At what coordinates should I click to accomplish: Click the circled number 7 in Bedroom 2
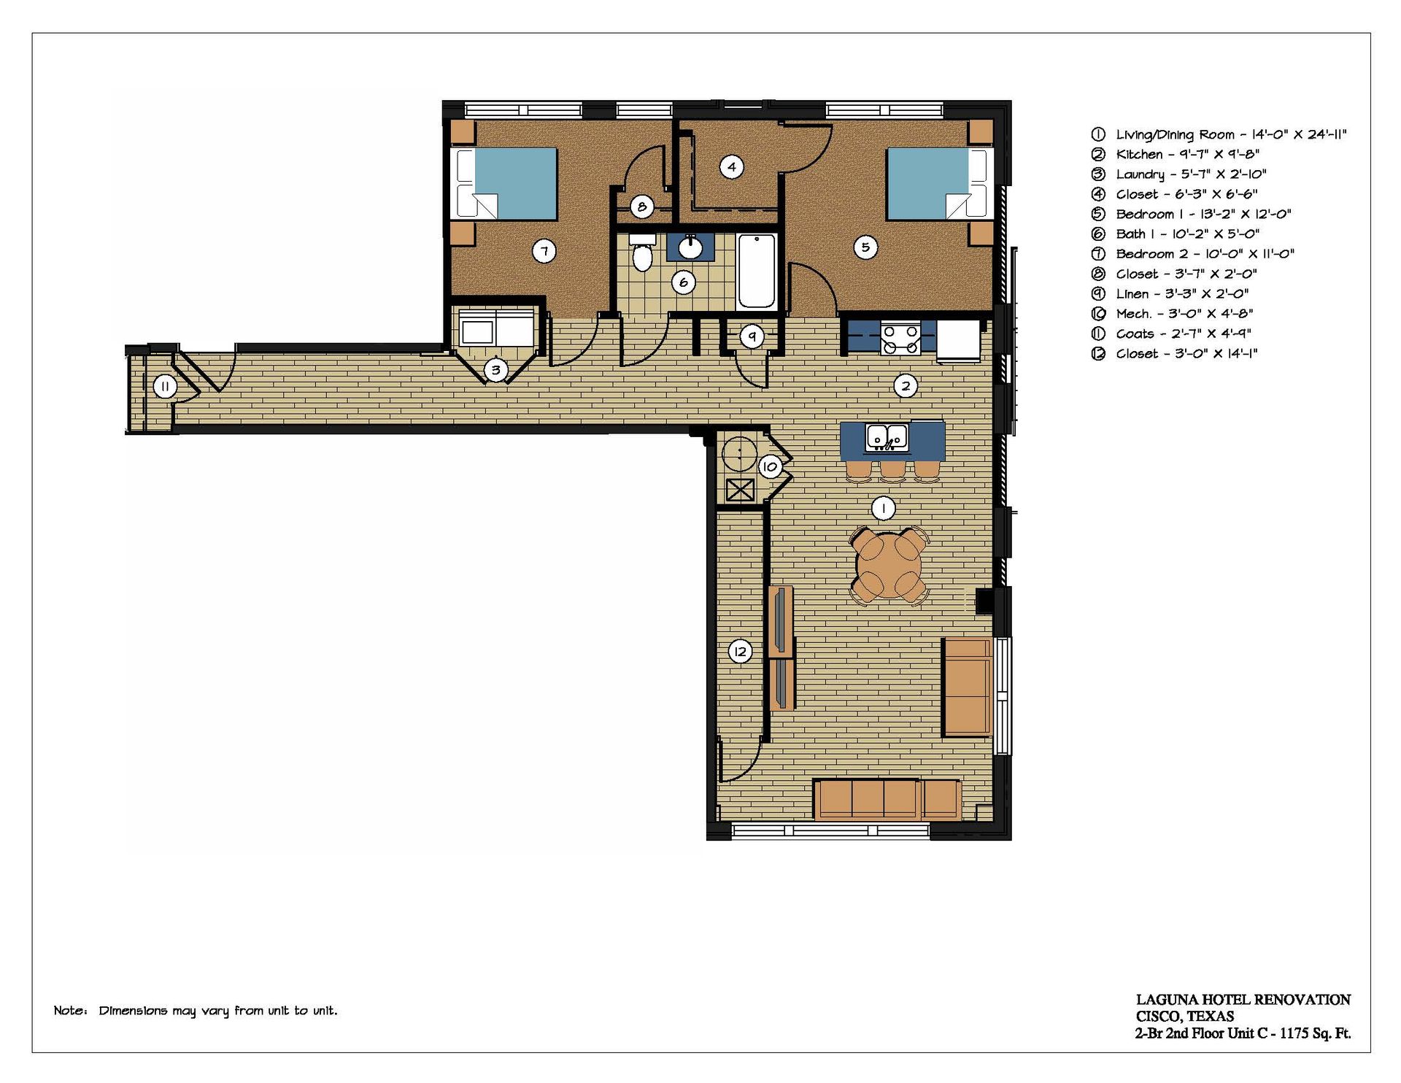point(544,252)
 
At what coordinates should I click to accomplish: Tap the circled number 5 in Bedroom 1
point(865,247)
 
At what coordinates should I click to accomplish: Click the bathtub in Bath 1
point(757,271)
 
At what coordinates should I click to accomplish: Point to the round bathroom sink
point(690,248)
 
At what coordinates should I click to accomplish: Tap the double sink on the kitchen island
point(887,436)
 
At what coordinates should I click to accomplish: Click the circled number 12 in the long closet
point(741,652)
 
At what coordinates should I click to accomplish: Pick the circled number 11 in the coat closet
point(165,387)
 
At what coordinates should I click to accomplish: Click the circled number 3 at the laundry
point(495,370)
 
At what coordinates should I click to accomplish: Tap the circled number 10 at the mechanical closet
point(770,466)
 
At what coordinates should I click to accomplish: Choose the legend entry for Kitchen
point(1176,155)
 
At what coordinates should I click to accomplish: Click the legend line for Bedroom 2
point(1192,254)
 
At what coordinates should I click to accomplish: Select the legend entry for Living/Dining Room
point(1219,134)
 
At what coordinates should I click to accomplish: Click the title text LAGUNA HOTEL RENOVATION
point(1243,1000)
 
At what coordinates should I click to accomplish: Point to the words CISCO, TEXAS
point(1185,1017)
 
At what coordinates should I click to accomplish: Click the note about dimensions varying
point(196,1011)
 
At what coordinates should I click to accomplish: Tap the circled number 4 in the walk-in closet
point(732,167)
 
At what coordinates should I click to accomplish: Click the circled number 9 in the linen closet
point(752,336)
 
